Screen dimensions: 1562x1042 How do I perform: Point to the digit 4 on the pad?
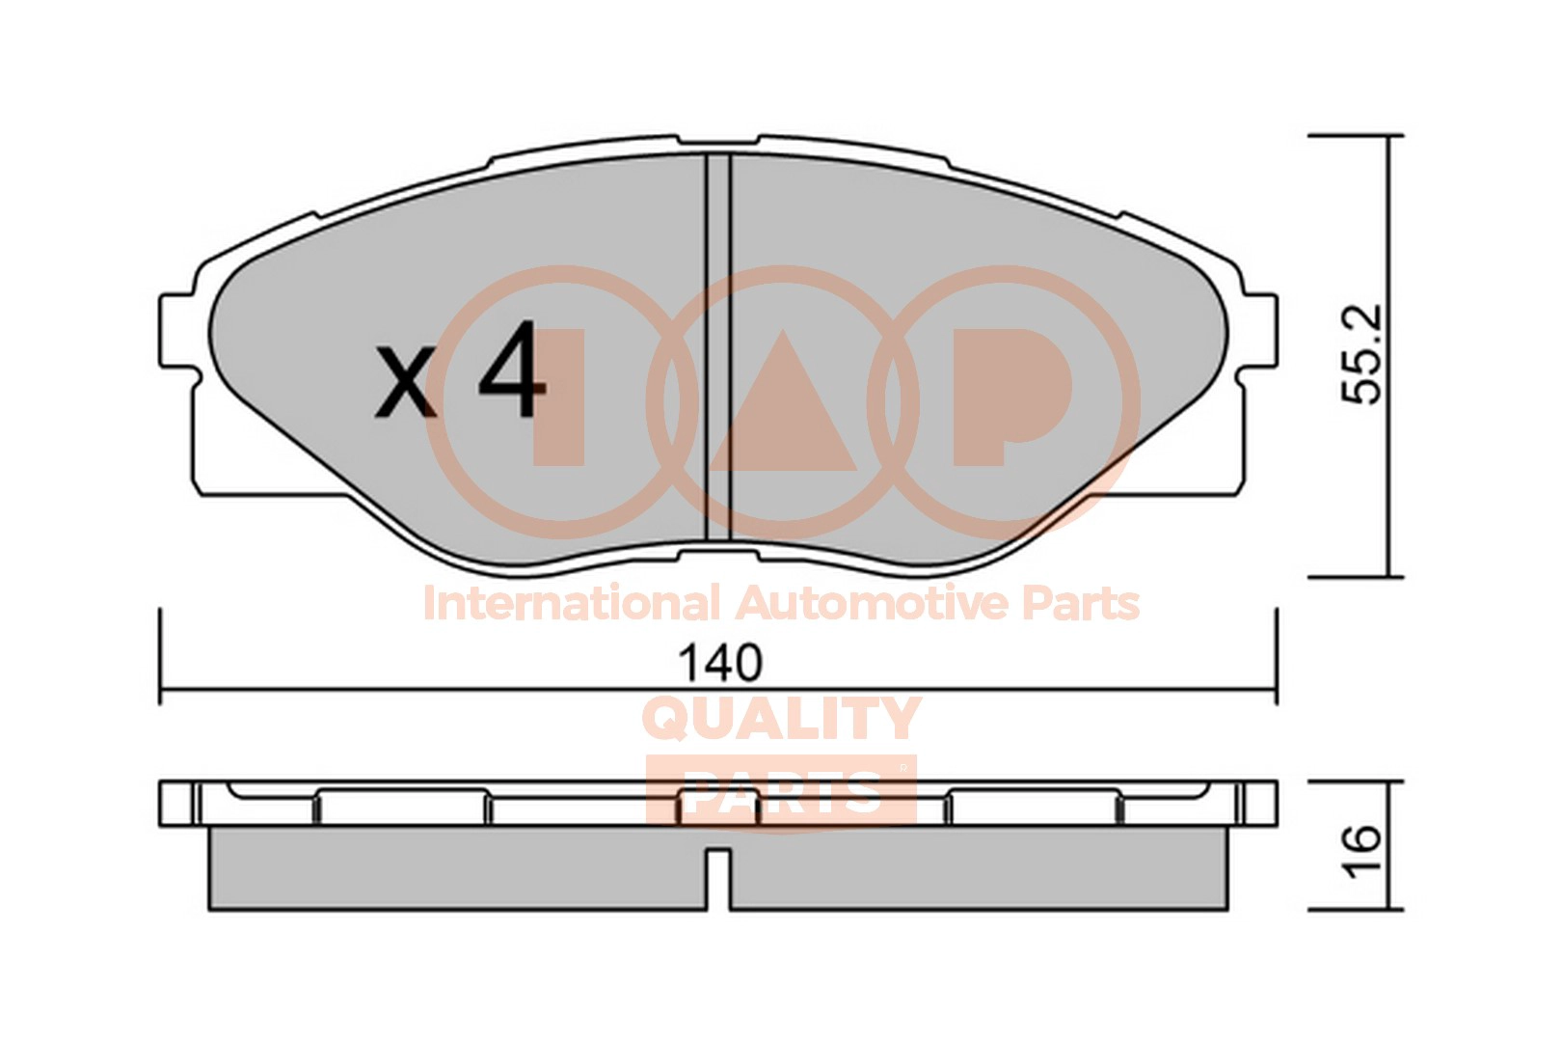[x=510, y=370]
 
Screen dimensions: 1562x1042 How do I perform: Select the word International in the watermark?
[x=571, y=603]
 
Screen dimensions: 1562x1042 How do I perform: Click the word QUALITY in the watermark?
[x=781, y=718]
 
